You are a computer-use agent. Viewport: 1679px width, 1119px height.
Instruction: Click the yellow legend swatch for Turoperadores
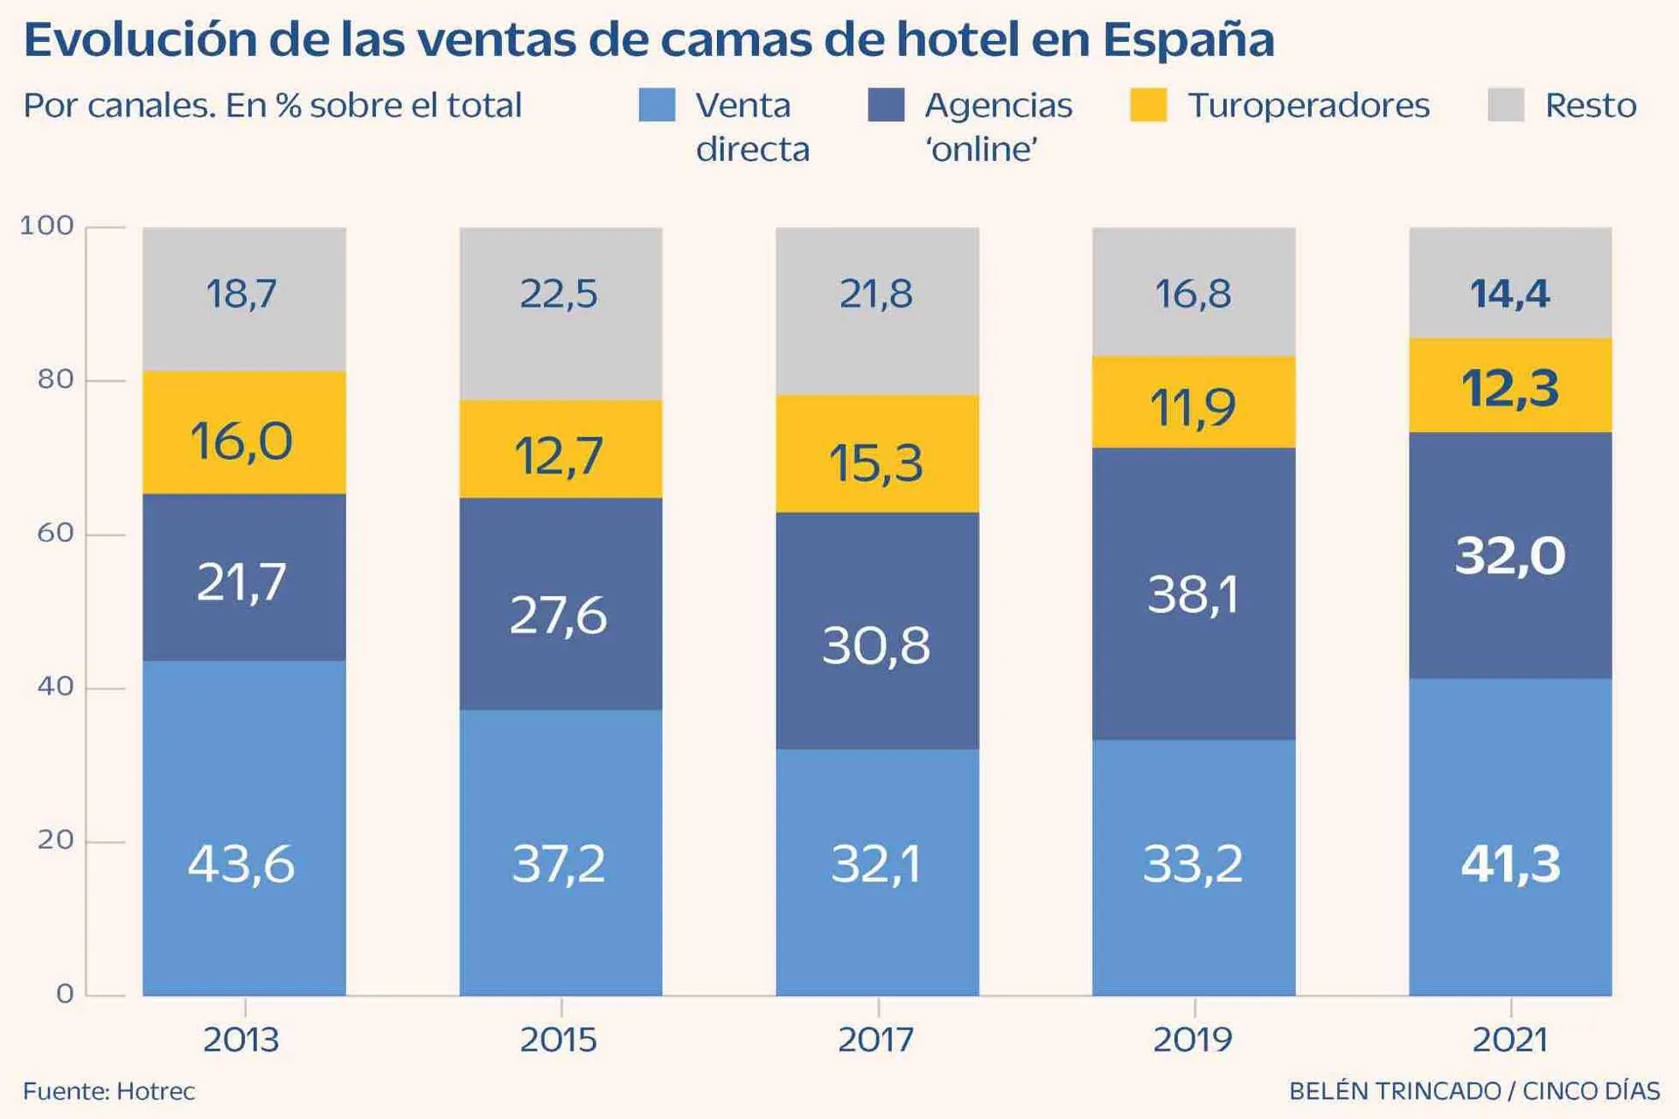[x=1147, y=105]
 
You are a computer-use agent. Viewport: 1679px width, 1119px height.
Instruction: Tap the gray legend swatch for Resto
[x=1505, y=105]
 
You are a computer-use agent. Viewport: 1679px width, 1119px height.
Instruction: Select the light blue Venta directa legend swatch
[x=657, y=105]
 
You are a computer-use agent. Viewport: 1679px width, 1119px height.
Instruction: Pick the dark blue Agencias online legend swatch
[x=886, y=105]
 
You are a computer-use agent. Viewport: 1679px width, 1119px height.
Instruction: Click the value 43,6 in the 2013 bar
[x=241, y=864]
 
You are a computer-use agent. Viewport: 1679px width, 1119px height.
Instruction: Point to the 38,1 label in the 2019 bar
[x=1193, y=594]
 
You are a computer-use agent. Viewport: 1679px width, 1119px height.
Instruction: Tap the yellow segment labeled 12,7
[x=559, y=455]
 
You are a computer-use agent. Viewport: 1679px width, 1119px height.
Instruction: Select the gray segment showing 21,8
[x=876, y=294]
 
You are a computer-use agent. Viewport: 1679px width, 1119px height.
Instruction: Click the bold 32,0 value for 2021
[x=1510, y=555]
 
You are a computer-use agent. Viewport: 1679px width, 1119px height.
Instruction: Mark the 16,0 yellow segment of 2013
[x=241, y=440]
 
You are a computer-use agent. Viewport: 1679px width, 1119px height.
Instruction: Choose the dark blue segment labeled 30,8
[x=876, y=645]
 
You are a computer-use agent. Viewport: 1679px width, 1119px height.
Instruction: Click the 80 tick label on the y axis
[x=54, y=379]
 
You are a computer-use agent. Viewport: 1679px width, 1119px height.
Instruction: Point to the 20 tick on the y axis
[x=54, y=840]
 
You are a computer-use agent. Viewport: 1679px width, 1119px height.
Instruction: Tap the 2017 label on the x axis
[x=876, y=1039]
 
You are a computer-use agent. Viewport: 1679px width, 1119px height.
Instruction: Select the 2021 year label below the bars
[x=1510, y=1039]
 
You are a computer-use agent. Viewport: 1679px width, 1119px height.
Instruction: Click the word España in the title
[x=1188, y=39]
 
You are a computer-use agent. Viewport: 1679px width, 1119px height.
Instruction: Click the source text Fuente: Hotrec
[x=108, y=1091]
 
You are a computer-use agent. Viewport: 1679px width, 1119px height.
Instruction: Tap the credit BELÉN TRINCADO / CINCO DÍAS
[x=1473, y=1091]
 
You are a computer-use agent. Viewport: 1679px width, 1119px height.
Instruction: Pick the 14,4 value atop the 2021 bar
[x=1510, y=294]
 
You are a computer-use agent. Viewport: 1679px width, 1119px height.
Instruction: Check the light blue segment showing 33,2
[x=1193, y=864]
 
